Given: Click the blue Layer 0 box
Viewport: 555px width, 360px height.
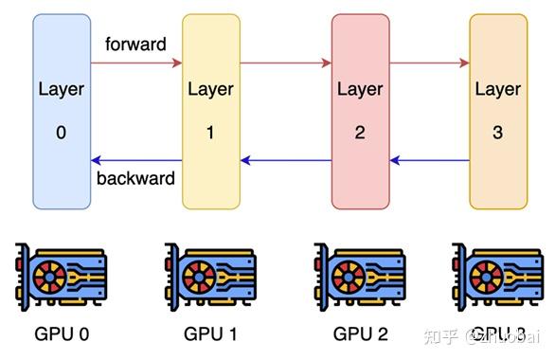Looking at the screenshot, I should [62, 111].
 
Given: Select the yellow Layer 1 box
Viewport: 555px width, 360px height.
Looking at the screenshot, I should [210, 111].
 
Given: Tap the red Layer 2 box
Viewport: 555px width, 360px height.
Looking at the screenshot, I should [360, 111].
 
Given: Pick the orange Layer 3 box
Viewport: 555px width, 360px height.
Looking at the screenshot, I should [498, 111].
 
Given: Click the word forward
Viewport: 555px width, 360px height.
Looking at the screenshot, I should [135, 45].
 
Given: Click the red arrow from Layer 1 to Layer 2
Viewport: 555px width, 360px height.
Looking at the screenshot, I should [285, 63].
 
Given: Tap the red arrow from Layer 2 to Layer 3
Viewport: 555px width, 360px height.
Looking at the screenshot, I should [429, 63].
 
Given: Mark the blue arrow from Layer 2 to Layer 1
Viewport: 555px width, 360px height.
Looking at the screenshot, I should [285, 160].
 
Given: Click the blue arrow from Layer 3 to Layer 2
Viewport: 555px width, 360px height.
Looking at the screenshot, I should [429, 160].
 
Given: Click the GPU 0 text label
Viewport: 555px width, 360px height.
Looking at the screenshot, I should [61, 333].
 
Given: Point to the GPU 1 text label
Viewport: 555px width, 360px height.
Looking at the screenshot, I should [209, 333].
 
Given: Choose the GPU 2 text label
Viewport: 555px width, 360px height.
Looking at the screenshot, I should [359, 333].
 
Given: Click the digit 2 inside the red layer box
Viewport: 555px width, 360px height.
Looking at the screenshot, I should [360, 133].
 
